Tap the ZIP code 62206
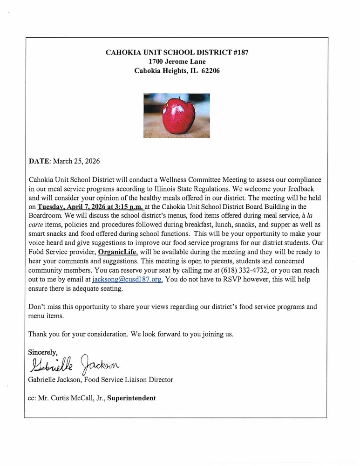211,71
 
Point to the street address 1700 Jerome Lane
177,62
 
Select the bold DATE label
39,161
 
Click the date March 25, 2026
77,161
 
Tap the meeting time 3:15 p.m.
131,206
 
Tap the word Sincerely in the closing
43,352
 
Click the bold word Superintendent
131,398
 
